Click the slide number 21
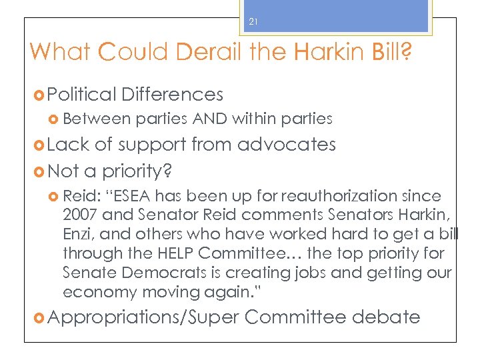point(253,22)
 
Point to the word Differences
point(173,94)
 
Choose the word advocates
point(287,144)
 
